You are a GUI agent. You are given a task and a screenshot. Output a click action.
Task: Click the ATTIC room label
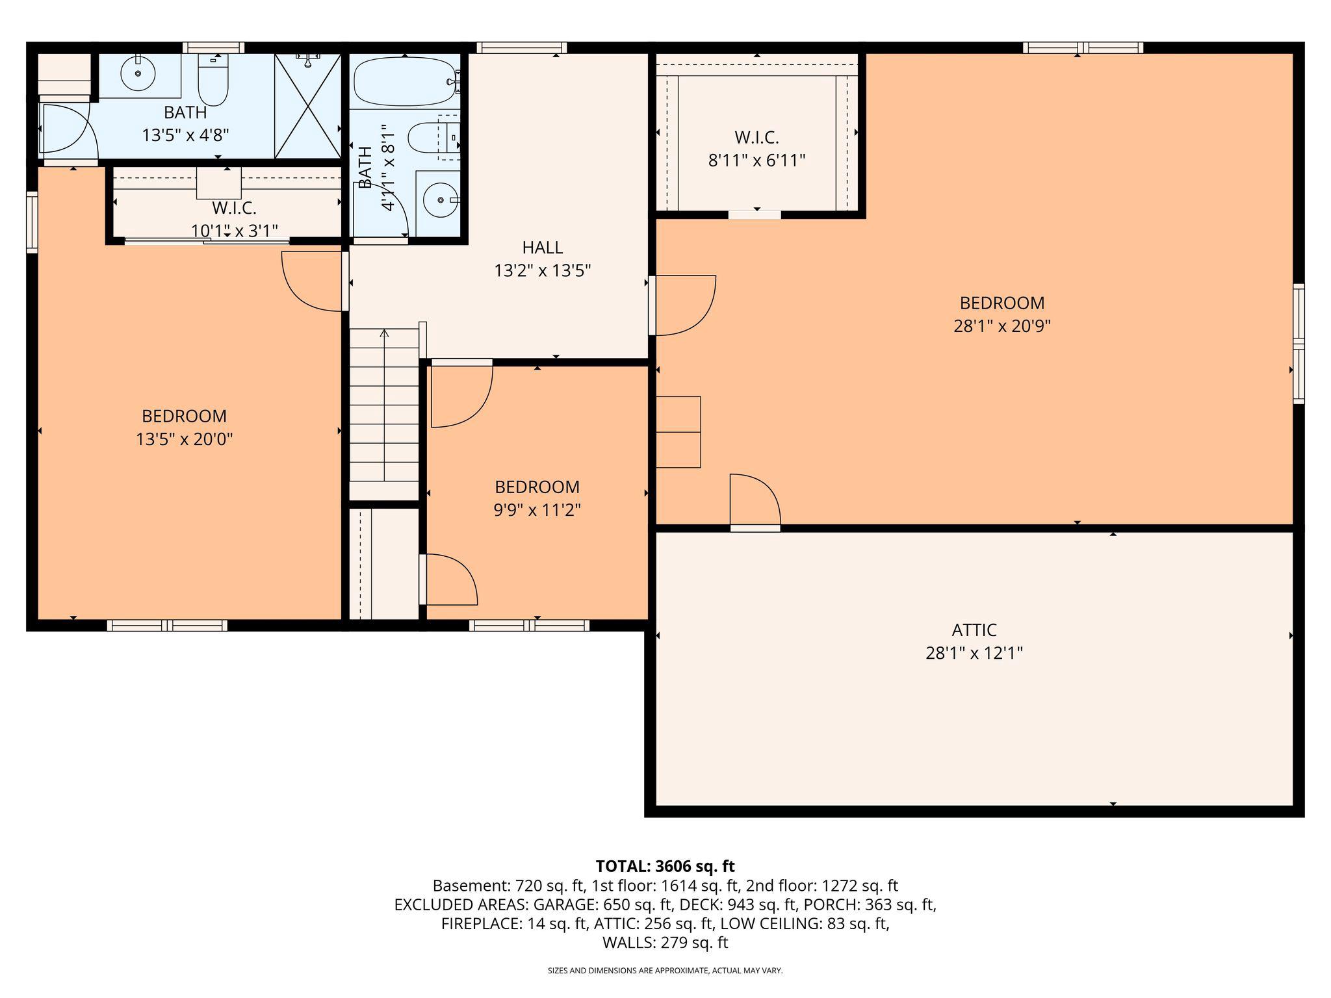[974, 630]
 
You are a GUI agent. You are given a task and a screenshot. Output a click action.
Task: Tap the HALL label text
[542, 247]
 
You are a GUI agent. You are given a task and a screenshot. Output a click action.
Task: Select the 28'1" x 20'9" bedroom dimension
[1001, 326]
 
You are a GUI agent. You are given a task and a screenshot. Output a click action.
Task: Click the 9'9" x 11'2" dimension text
[536, 510]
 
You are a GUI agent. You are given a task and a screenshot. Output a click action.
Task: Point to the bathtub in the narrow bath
[404, 82]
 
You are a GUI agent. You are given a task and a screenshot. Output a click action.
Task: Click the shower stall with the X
[307, 106]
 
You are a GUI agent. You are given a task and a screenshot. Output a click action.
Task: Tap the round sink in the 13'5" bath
[138, 74]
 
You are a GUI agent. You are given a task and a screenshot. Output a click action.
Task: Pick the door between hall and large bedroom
[682, 305]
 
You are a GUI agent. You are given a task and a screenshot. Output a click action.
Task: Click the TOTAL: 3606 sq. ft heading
[665, 866]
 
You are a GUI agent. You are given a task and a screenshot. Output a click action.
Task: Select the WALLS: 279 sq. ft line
[665, 942]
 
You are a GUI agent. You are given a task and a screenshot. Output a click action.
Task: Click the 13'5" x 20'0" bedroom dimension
[184, 439]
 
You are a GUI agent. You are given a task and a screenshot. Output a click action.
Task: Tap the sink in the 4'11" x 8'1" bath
[440, 199]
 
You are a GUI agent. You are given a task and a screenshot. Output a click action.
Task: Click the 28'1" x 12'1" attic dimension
[974, 653]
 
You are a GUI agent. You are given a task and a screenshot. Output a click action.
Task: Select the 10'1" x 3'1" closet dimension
[235, 231]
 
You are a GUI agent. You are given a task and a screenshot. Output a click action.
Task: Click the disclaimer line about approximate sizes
[665, 971]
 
